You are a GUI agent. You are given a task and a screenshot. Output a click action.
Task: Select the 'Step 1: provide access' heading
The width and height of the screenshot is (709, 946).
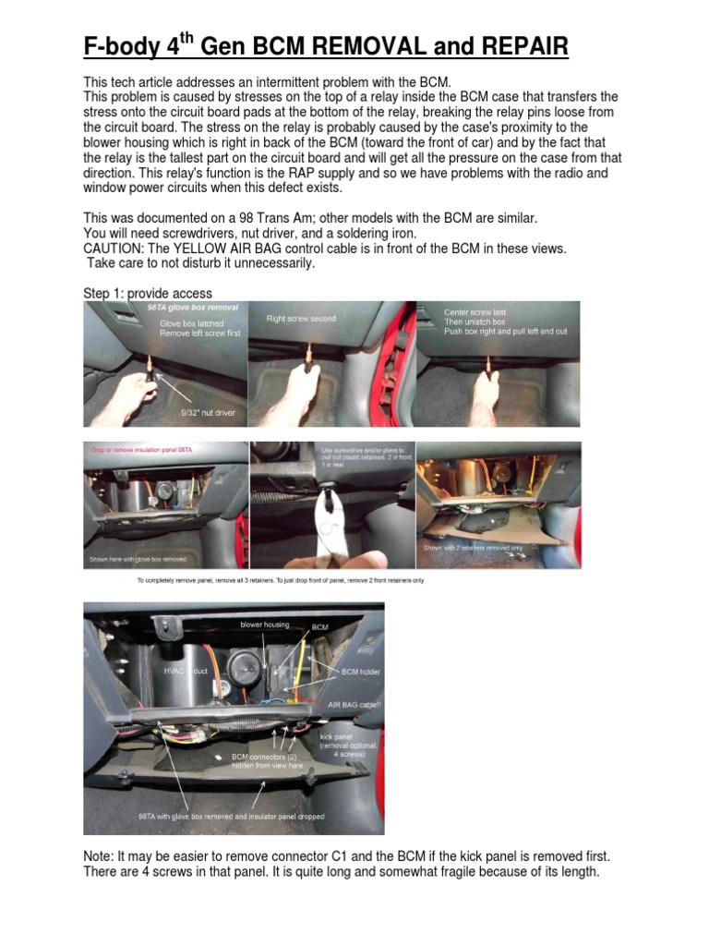coord(148,294)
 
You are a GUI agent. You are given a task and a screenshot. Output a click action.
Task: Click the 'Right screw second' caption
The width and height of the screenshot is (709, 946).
coord(302,319)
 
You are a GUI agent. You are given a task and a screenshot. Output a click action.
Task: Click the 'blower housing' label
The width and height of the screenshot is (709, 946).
coord(265,625)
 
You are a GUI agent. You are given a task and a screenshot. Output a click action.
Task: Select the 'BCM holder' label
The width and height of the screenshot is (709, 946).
coord(361,672)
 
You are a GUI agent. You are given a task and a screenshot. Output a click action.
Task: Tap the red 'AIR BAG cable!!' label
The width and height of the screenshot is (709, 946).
coord(354,704)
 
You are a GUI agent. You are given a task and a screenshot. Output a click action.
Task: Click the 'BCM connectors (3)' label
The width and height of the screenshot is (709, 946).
coord(267,757)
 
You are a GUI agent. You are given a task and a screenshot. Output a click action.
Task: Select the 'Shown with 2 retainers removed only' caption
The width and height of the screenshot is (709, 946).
coord(473,548)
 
